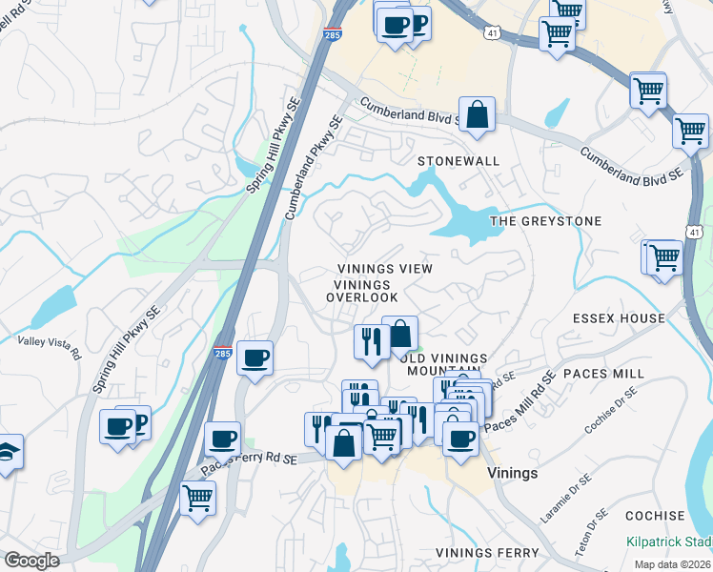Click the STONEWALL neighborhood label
coord(458,161)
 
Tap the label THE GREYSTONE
coord(545,221)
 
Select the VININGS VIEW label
coord(384,269)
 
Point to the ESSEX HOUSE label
coord(619,318)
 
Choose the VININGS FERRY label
coord(487,553)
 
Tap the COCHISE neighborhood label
coord(655,516)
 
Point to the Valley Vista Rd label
coord(49,346)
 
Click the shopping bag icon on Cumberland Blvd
coord(477,115)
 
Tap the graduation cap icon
coord(8,453)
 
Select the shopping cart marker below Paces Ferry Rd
coord(197,497)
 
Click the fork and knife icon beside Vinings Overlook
coord(370,341)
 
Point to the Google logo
coord(31,561)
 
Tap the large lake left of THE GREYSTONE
coord(462,223)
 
